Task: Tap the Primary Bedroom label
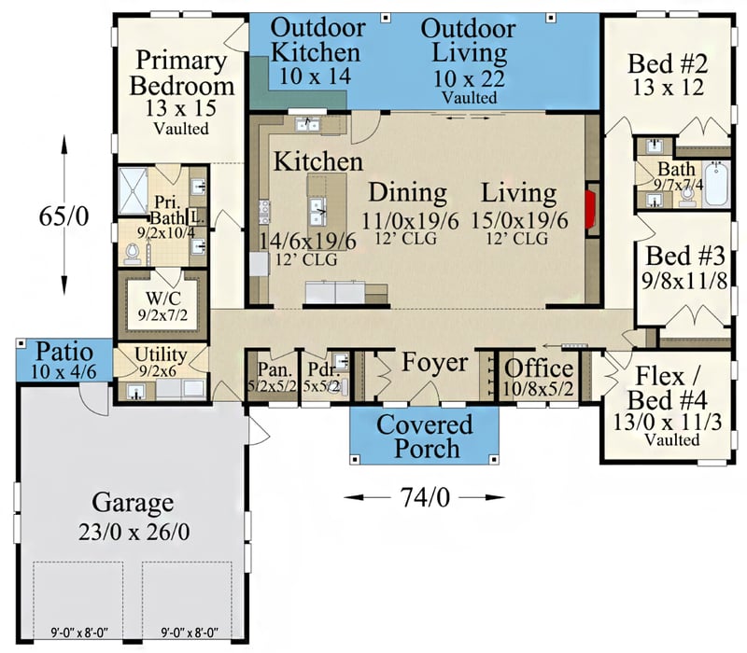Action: pyautogui.click(x=182, y=74)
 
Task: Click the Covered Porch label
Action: pyautogui.click(x=425, y=436)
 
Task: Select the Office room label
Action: pyautogui.click(x=539, y=368)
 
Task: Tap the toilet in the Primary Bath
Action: pyautogui.click(x=133, y=252)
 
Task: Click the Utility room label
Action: pyautogui.click(x=161, y=355)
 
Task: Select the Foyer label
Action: pyautogui.click(x=434, y=362)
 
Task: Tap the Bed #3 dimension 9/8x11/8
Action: pyautogui.click(x=682, y=281)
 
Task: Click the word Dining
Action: pyautogui.click(x=406, y=193)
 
